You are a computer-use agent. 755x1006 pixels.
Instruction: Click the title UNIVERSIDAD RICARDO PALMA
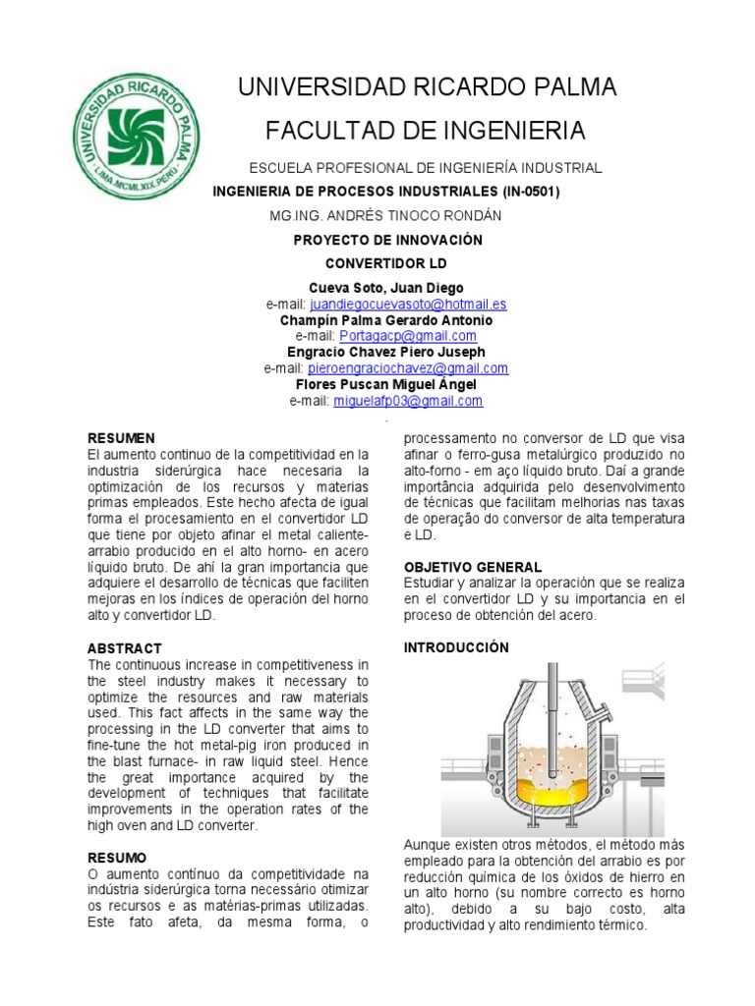pyautogui.click(x=427, y=87)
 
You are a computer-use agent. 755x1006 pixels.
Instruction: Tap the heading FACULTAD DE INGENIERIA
pyautogui.click(x=426, y=130)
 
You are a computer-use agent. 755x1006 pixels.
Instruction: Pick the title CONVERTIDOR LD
pyautogui.click(x=385, y=264)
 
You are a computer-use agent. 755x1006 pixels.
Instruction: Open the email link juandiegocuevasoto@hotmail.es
pyautogui.click(x=406, y=305)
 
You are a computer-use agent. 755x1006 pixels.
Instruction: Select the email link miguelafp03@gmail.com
pyautogui.click(x=408, y=401)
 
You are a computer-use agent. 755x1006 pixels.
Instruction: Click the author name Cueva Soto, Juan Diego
pyautogui.click(x=385, y=288)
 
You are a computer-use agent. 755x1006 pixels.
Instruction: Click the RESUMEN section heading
pyautogui.click(x=121, y=438)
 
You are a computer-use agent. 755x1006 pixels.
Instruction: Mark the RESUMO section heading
pyautogui.click(x=117, y=858)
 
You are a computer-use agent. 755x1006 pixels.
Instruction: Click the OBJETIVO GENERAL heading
pyautogui.click(x=472, y=567)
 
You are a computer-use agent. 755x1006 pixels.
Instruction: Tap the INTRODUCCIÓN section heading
pyautogui.click(x=456, y=647)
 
